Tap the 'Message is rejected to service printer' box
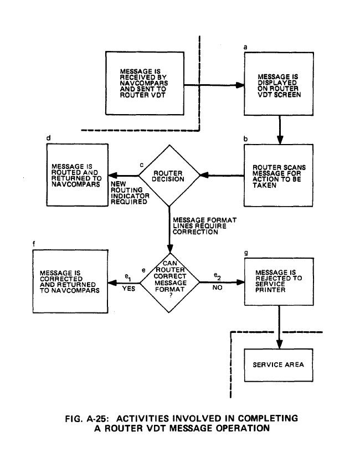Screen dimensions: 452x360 point(279,281)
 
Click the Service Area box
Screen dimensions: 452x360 point(279,366)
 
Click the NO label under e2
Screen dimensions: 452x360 point(217,289)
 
